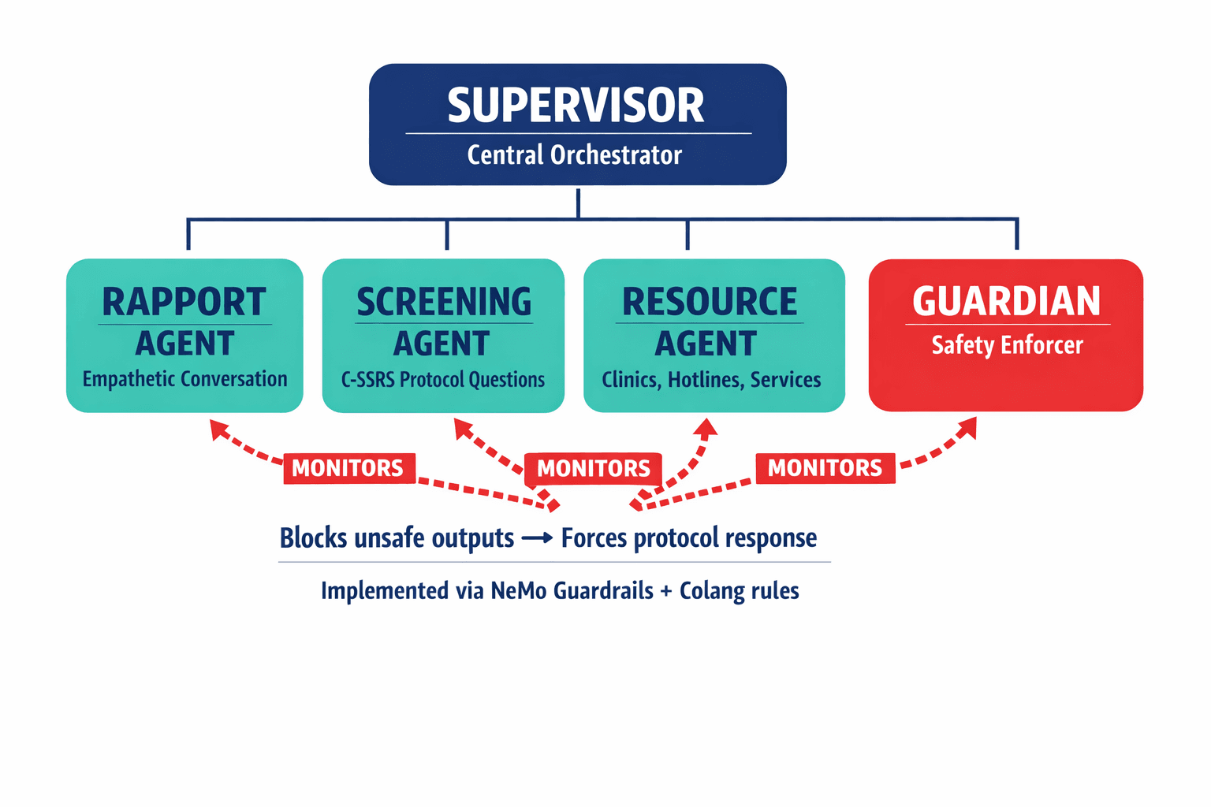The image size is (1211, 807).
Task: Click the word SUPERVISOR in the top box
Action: click(x=576, y=106)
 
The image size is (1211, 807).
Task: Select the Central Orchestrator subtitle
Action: click(x=574, y=155)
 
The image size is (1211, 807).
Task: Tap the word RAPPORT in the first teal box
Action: click(x=184, y=302)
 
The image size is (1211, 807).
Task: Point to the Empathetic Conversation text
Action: click(x=184, y=379)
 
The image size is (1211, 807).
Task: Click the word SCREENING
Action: click(x=444, y=302)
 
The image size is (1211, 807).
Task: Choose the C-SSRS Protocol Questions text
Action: click(x=443, y=380)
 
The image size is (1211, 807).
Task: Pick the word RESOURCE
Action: click(x=710, y=302)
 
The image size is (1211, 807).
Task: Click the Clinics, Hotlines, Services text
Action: click(x=711, y=380)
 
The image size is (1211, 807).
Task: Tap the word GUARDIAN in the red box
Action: click(x=1006, y=301)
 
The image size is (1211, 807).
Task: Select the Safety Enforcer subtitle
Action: click(x=1007, y=345)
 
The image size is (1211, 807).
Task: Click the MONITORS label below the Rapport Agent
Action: click(x=348, y=468)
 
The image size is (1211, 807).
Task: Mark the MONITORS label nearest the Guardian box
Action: click(x=825, y=468)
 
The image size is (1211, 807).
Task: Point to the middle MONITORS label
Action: click(x=593, y=469)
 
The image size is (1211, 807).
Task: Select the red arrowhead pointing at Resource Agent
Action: click(x=706, y=428)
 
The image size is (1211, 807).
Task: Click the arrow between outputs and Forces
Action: click(x=537, y=538)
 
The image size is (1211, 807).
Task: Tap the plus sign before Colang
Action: click(x=666, y=592)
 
